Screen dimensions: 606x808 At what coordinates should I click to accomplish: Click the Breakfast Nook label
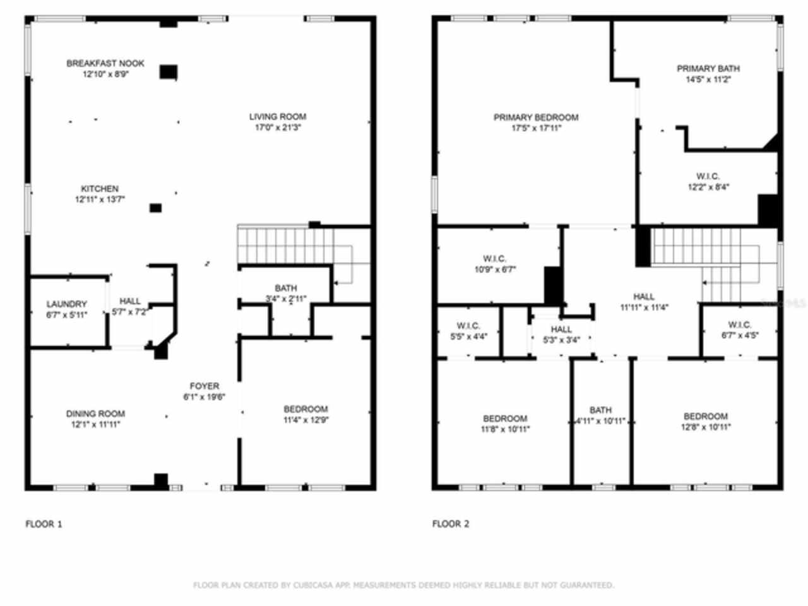point(105,63)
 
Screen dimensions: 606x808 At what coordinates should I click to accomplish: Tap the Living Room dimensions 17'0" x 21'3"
point(277,128)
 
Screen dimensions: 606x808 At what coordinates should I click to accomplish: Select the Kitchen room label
point(100,189)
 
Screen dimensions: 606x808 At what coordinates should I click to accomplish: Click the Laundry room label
point(66,304)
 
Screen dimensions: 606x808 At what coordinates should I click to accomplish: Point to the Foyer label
point(205,386)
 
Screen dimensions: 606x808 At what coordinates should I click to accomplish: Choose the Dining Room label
point(95,413)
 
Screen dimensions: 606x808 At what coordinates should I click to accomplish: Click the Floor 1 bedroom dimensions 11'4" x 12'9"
point(306,420)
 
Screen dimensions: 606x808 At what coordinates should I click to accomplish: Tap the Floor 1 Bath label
point(285,288)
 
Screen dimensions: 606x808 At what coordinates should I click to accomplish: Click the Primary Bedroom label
point(535,117)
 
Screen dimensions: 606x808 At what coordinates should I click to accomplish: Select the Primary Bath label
point(708,68)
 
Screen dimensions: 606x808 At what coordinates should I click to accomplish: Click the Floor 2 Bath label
point(600,410)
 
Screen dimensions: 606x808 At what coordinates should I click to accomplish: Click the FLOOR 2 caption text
point(450,523)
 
